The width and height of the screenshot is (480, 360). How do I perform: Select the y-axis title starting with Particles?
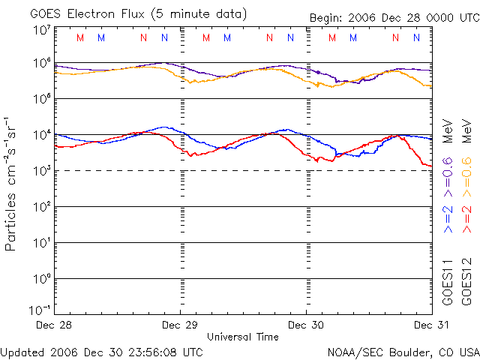coord(11,183)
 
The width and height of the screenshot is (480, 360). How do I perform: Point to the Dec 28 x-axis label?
coord(55,325)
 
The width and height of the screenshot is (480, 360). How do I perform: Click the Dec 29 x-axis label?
coord(181,325)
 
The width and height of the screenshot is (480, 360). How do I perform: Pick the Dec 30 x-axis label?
coord(307,325)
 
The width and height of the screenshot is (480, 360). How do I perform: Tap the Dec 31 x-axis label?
coord(433,325)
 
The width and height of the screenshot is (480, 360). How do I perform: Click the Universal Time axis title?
coord(243,337)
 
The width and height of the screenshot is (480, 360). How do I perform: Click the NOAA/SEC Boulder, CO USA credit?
coord(403,351)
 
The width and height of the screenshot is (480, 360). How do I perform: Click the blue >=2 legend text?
coord(447,217)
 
